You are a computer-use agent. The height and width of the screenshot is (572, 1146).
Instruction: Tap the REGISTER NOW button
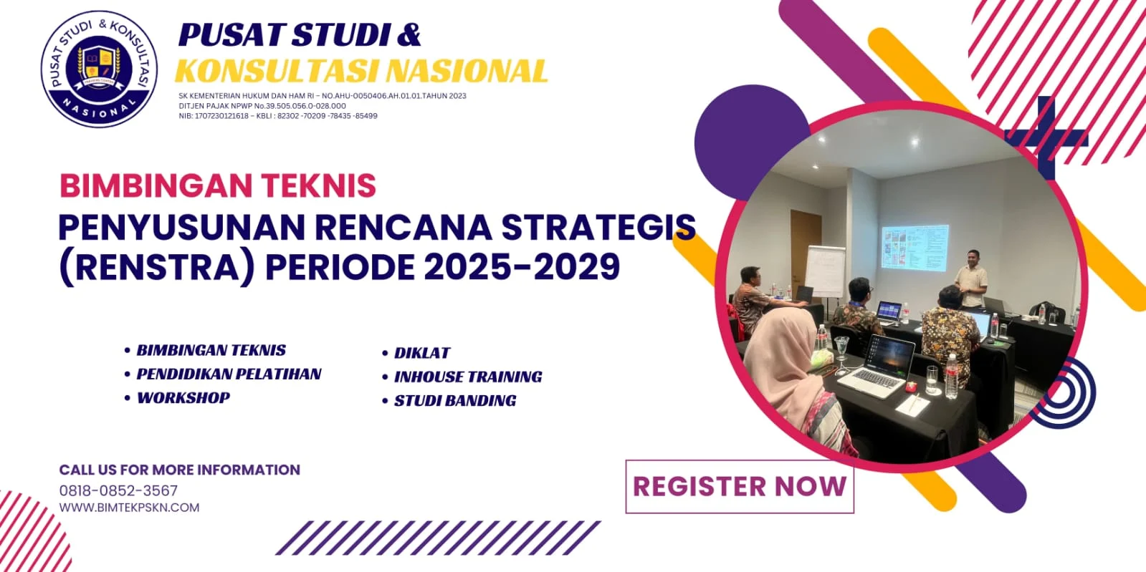coord(739,487)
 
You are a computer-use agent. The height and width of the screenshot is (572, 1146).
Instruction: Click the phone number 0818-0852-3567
coord(118,490)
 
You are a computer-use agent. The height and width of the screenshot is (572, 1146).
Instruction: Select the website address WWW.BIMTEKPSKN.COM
coord(129,508)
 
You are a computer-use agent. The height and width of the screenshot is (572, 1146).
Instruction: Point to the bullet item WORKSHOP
coord(183,398)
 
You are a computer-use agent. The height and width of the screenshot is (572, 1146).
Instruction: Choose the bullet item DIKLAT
coord(422,353)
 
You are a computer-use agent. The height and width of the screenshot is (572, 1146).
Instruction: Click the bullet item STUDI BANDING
coord(454,401)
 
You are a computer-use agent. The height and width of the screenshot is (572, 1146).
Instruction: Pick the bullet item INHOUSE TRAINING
coord(467,377)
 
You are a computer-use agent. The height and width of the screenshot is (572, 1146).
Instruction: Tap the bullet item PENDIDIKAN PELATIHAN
coord(229,374)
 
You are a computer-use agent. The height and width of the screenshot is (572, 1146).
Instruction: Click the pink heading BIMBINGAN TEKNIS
coord(218,185)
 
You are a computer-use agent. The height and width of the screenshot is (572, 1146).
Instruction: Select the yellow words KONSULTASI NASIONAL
coord(361,71)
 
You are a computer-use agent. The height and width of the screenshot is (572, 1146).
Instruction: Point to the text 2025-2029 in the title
coord(522,267)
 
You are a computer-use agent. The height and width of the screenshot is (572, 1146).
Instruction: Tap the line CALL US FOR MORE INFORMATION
coord(179,470)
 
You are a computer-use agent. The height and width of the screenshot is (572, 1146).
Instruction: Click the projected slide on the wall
coord(915,248)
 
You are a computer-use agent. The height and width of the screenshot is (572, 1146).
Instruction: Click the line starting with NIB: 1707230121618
coord(277,116)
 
